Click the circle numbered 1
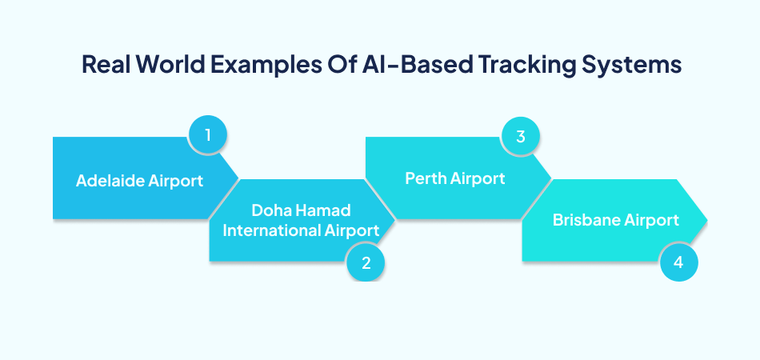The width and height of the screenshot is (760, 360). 208,135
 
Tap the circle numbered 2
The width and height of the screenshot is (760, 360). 366,263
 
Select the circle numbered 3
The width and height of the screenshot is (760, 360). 521,135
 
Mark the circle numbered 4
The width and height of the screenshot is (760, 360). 679,262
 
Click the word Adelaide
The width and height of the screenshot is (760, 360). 111,181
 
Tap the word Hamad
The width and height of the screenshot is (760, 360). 324,211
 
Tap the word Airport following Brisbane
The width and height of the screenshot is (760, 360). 652,220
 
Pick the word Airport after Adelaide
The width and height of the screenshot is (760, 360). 175,181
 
